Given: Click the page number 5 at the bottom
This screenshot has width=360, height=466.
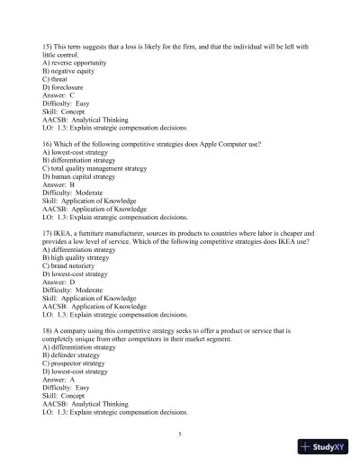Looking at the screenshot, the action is [x=180, y=433].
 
